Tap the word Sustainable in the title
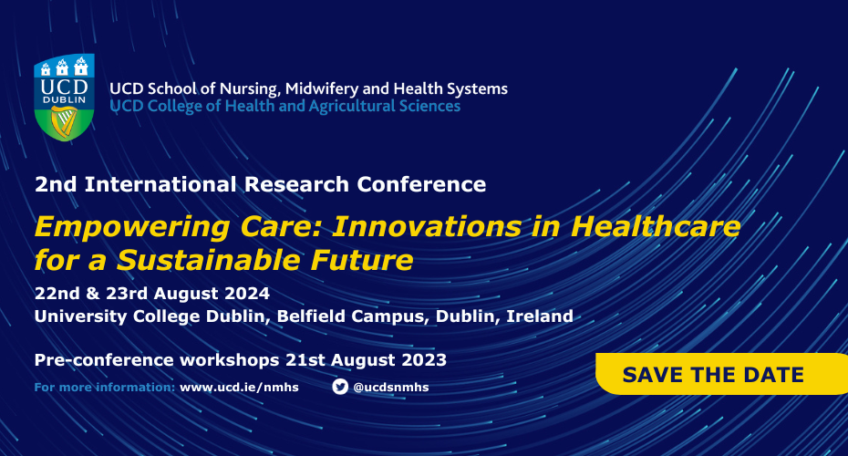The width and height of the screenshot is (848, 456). (x=220, y=261)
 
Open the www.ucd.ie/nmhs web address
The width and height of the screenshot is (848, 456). (x=239, y=387)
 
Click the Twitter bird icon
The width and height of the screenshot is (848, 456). (x=340, y=386)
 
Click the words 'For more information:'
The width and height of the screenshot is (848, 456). (x=104, y=387)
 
